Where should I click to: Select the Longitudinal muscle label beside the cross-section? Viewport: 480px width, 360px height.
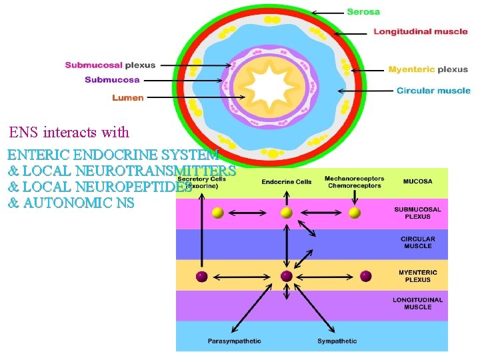pos(411,31)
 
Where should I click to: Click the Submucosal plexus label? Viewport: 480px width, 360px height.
pos(110,65)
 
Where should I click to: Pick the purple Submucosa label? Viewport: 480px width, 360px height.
pos(112,80)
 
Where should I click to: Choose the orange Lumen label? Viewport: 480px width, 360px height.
pos(127,98)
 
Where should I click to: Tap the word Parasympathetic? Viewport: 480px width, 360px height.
pos(234,341)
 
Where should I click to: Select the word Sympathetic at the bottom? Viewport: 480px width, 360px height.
pos(337,341)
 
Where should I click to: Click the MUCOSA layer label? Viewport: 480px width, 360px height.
pos(417,181)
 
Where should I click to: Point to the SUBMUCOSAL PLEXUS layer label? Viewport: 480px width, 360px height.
pos(417,213)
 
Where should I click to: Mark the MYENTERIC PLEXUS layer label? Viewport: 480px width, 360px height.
pos(417,276)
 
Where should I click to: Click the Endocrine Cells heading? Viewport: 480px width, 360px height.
pos(286,182)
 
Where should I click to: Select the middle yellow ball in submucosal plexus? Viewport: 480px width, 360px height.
pos(287,213)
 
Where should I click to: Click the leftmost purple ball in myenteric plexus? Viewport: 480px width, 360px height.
pos(201,276)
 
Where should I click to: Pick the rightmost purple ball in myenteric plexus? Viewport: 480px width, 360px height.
pos(365,276)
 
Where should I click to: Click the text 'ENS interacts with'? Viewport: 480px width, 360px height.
pos(69,132)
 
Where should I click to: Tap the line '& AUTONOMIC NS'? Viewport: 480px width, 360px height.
pos(71,203)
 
